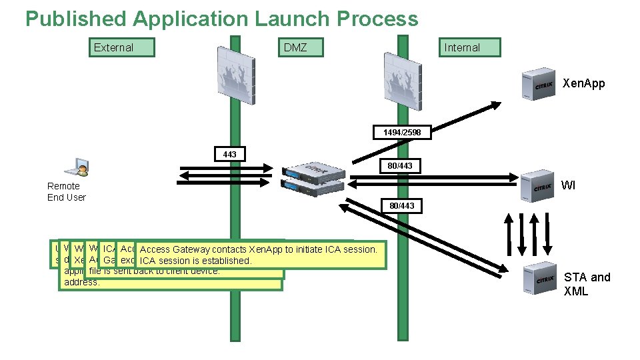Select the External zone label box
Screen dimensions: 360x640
pyautogui.click(x=122, y=47)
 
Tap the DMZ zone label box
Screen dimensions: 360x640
pyautogui.click(x=301, y=47)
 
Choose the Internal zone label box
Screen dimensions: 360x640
pyautogui.click(x=468, y=47)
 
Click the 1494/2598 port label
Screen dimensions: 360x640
pyautogui.click(x=401, y=133)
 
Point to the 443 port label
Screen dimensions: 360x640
pyautogui.click(x=229, y=154)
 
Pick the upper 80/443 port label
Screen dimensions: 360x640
pyautogui.click(x=401, y=165)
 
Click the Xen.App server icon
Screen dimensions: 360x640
pyautogui.click(x=537, y=84)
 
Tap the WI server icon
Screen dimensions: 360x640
pyautogui.click(x=537, y=185)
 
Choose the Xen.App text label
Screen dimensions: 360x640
pyautogui.click(x=584, y=84)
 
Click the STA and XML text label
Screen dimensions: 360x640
pyautogui.click(x=587, y=284)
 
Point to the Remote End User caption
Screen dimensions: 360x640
pyautogui.click(x=66, y=191)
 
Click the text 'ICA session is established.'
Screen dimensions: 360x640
pyautogui.click(x=196, y=261)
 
